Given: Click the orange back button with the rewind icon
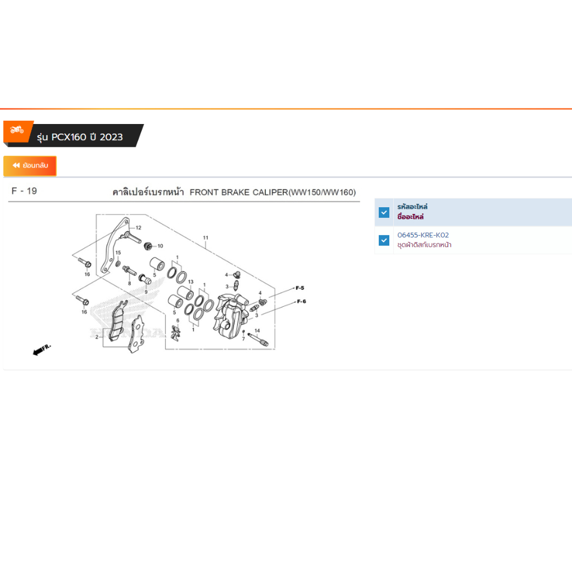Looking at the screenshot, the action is pos(30,165).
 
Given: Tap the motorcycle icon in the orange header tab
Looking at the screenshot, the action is pos(17,129).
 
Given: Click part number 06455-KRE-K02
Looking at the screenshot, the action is pos(423,235).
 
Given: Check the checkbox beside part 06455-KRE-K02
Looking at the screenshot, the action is pos(384,240).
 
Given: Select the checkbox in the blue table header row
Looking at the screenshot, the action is pos(384,212).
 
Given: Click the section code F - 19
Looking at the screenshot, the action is pos(24,191).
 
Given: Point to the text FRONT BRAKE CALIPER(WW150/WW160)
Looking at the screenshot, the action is pos(273,192).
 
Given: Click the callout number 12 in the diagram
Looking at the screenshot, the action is pos(139,228).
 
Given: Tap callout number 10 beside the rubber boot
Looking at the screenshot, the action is pos(160,246).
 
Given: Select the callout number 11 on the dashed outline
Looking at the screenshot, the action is pos(206,237).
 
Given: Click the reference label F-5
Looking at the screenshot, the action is pos(300,288).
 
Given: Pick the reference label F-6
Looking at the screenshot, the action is pos(301,301).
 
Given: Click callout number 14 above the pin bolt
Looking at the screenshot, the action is pos(257,331).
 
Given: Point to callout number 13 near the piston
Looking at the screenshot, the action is pos(191,282).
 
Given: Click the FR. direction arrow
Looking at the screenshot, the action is pos(41,350).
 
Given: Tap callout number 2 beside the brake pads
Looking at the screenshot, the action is pos(97,337).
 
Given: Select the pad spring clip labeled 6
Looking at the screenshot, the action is pos(176,333).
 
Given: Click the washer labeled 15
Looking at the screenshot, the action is pos(118,264).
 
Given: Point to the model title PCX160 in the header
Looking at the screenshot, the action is pos(69,137).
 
